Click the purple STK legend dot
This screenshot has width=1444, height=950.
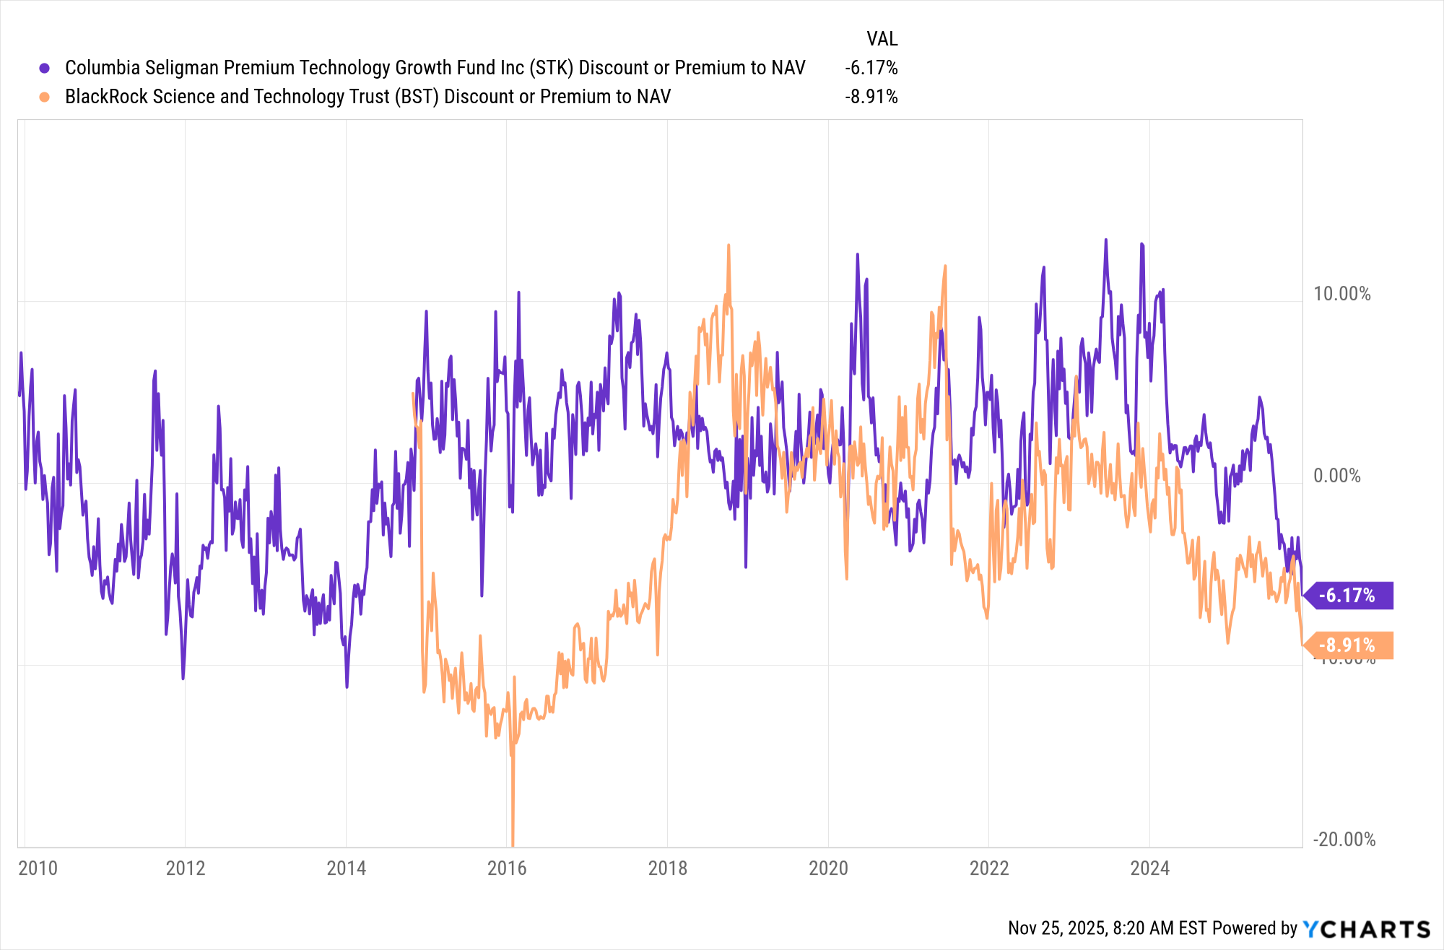tap(45, 68)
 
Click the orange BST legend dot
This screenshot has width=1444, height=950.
tap(45, 97)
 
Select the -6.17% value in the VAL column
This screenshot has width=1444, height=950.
tap(871, 68)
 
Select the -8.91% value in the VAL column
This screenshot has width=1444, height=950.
tap(871, 97)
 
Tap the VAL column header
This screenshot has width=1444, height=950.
tap(882, 39)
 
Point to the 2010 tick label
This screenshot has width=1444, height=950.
tap(38, 868)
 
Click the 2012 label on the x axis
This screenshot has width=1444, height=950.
tap(186, 868)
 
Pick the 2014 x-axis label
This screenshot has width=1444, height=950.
tap(346, 868)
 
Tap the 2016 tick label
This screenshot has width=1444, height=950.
tap(507, 868)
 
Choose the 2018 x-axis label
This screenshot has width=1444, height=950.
tap(668, 868)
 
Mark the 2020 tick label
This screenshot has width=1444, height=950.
tap(828, 868)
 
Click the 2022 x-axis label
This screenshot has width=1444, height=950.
tap(989, 868)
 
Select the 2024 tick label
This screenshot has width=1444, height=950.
tap(1149, 868)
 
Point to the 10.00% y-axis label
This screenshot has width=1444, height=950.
tap(1341, 294)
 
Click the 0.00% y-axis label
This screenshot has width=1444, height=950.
tap(1336, 476)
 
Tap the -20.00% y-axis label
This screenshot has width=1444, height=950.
tap(1344, 840)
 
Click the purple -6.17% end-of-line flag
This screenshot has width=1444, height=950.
tap(1347, 596)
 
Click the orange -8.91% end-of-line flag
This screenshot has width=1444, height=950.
tap(1347, 645)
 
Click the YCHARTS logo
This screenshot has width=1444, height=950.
tap(1366, 929)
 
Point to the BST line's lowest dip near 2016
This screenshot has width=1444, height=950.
tap(513, 843)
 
